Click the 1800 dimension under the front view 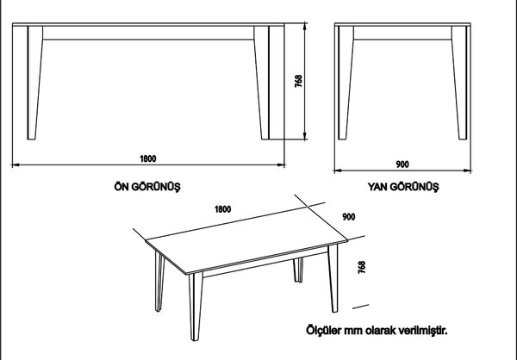pyautogui.click(x=148, y=158)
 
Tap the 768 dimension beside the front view pyautogui.click(x=298, y=81)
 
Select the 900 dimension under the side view pyautogui.click(x=402, y=164)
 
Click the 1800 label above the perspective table pyautogui.click(x=223, y=209)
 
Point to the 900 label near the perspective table pyautogui.click(x=349, y=216)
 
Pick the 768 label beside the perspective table pyautogui.click(x=362, y=267)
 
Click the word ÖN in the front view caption pyautogui.click(x=121, y=187)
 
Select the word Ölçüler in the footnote pyautogui.click(x=323, y=330)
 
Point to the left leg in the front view pyautogui.click(x=35, y=83)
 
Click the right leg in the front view pyautogui.click(x=261, y=83)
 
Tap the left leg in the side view pyautogui.click(x=346, y=83)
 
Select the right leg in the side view pyautogui.click(x=459, y=83)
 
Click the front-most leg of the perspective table pyautogui.click(x=196, y=307)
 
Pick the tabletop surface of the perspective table pyautogui.click(x=246, y=240)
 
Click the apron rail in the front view pyautogui.click(x=148, y=33)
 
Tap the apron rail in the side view pyautogui.click(x=402, y=33)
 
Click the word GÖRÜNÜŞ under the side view pyautogui.click(x=414, y=187)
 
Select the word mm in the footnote pyautogui.click(x=353, y=331)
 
